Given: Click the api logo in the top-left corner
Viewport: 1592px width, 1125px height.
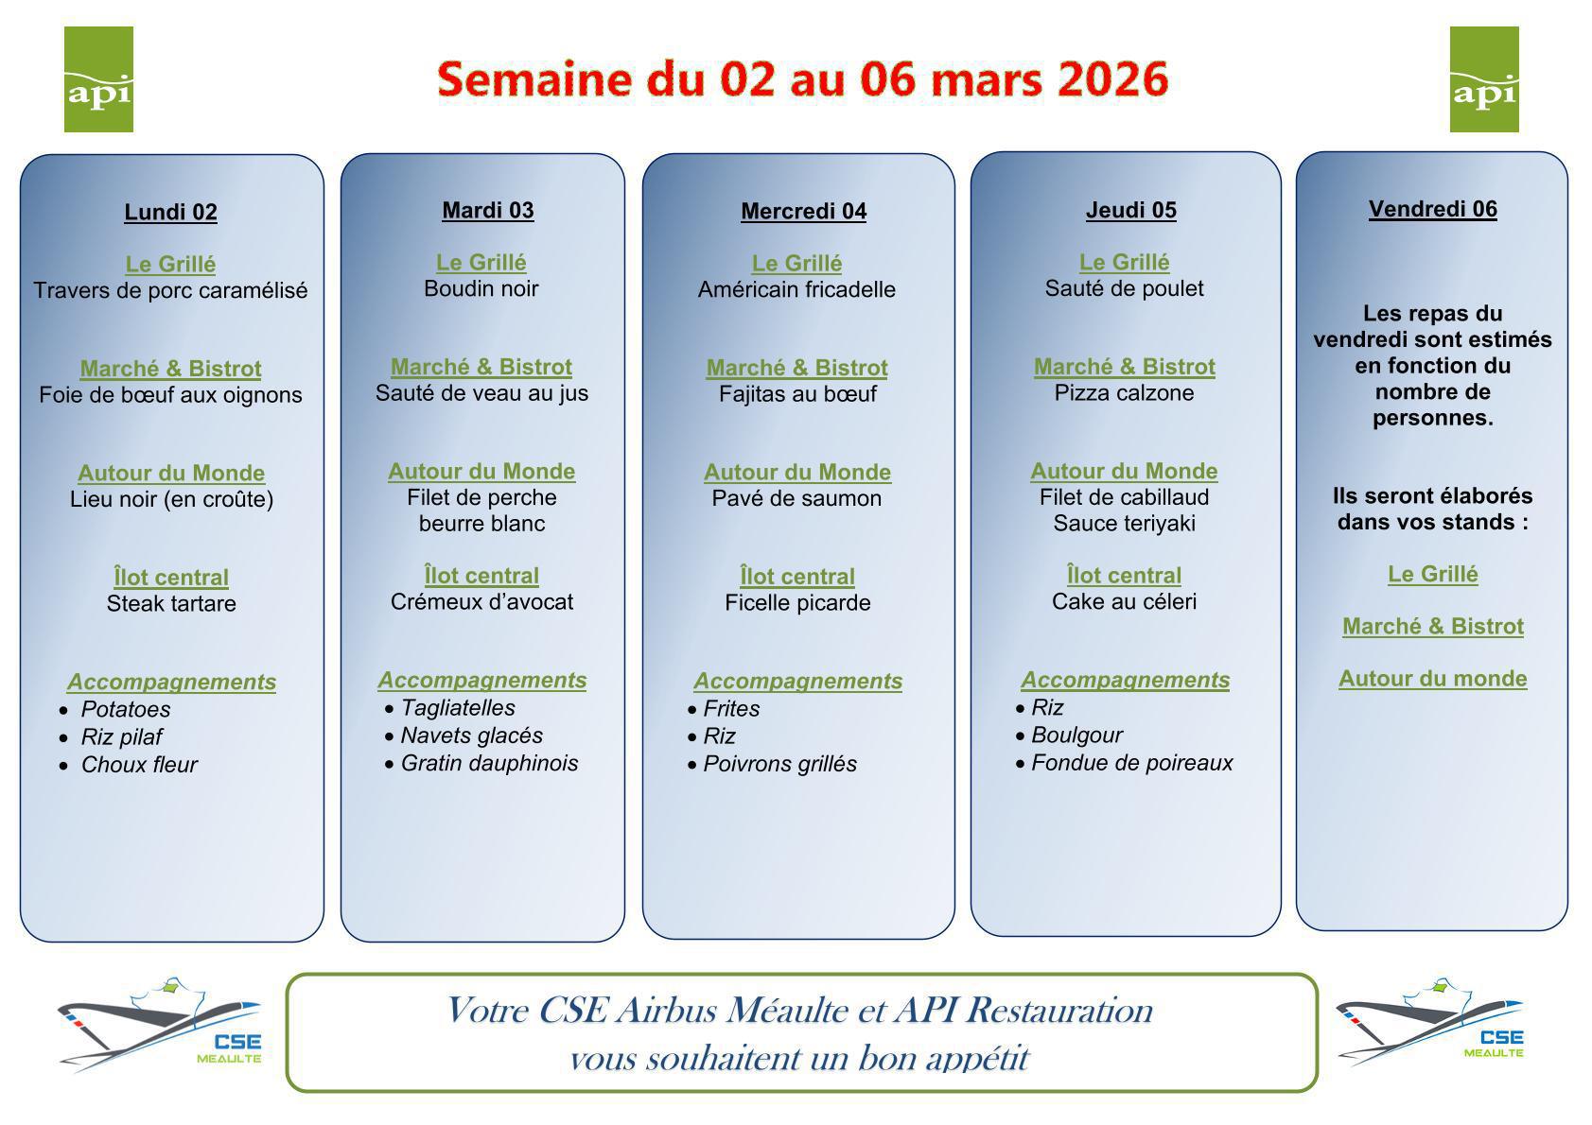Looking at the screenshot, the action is click(98, 79).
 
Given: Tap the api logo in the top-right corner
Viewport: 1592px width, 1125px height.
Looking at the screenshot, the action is click(1485, 79).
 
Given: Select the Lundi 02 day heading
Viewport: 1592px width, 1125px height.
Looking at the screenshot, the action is click(170, 212).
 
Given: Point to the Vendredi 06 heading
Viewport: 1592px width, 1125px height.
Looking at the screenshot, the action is click(1433, 209).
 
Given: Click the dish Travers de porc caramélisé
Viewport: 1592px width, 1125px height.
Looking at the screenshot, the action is click(170, 290).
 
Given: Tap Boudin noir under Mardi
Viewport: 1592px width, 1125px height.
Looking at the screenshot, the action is click(481, 288).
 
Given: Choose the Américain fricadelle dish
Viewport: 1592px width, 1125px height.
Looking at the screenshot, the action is click(796, 289).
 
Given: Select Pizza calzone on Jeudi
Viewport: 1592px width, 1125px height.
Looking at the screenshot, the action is click(1125, 392).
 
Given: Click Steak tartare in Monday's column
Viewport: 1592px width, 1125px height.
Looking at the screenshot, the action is click(171, 604).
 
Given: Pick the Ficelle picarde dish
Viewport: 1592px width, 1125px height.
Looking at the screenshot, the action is click(797, 603).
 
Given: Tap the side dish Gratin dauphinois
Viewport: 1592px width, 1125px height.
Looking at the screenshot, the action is click(490, 763).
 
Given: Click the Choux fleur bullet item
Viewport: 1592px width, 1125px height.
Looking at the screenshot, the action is click(139, 764).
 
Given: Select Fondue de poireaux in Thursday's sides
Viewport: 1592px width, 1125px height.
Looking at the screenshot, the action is click(1132, 763).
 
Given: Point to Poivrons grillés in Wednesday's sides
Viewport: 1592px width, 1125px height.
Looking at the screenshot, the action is click(780, 764).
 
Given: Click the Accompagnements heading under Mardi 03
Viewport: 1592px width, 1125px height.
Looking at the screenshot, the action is click(482, 681).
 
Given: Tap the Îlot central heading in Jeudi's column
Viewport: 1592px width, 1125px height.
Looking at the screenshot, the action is click(1125, 576).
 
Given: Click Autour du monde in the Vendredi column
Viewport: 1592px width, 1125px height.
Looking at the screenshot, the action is click(1433, 678).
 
